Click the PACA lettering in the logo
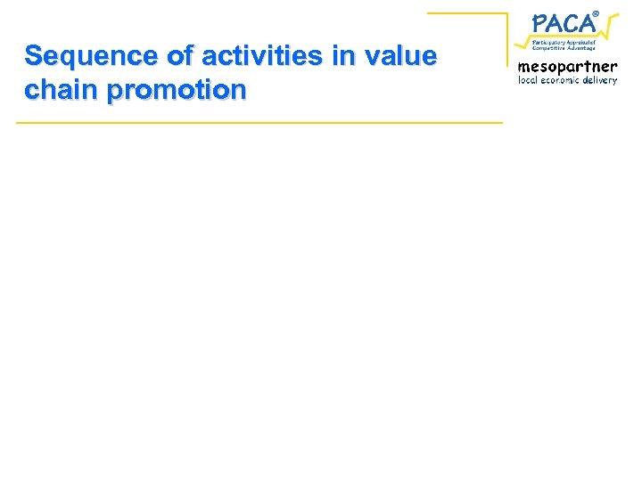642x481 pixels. tap(564, 23)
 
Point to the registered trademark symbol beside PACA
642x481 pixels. tap(597, 12)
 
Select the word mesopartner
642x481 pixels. tap(567, 66)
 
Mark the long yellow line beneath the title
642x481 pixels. tap(259, 121)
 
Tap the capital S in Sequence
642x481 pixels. tap(34, 56)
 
